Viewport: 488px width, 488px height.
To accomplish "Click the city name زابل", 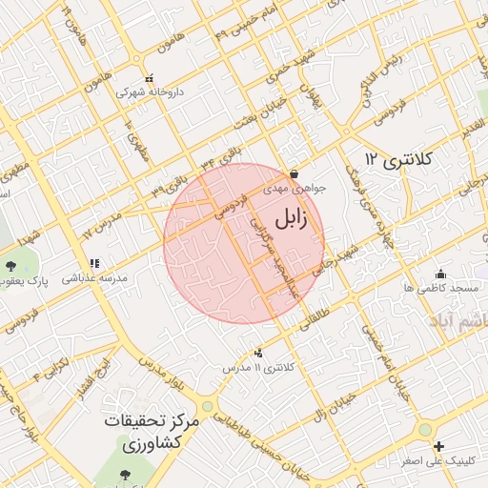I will [x=291, y=219].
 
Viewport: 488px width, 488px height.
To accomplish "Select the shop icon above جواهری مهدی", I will [x=293, y=174].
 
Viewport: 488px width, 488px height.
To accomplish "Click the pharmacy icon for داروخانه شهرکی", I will [x=148, y=79].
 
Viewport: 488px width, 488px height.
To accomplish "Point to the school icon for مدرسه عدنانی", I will [x=93, y=264].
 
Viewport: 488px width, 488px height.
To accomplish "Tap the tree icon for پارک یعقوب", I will [x=10, y=267].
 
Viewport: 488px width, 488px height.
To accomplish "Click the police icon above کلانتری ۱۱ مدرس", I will [x=259, y=354].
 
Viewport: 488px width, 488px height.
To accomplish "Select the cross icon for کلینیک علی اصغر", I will [x=437, y=446].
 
